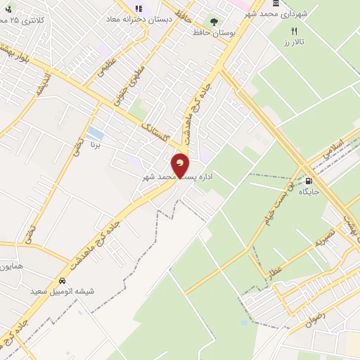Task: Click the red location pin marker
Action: [x=180, y=166]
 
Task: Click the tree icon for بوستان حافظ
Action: [x=214, y=22]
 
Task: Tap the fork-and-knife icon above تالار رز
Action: [x=294, y=31]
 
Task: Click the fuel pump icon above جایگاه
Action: [x=309, y=179]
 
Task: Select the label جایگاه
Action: [x=309, y=191]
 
